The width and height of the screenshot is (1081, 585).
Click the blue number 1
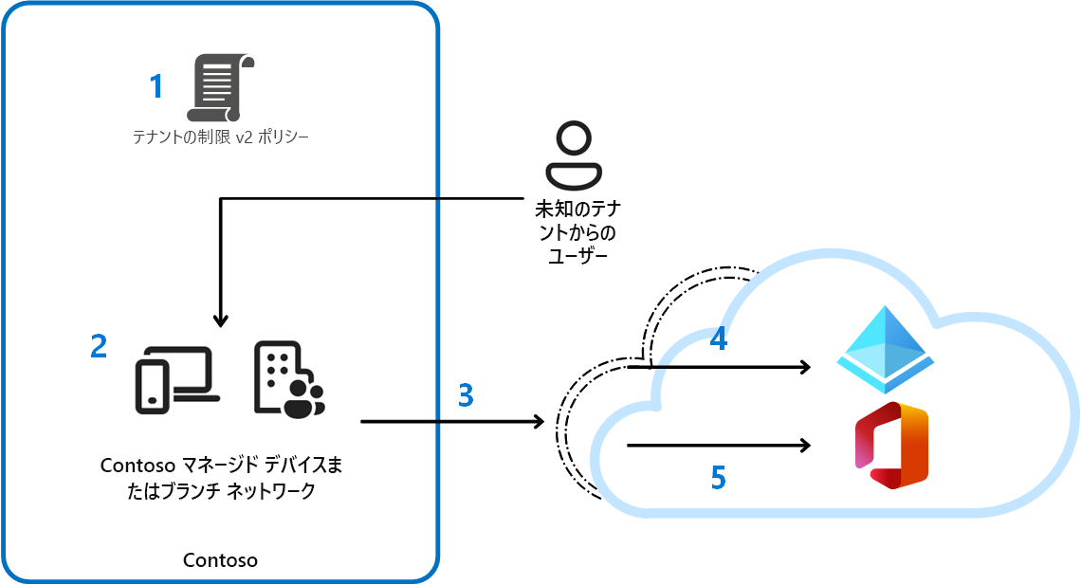[156, 87]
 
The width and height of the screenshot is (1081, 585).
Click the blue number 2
[99, 346]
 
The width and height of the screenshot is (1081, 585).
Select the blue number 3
[465, 394]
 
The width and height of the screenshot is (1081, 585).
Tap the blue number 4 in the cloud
[719, 338]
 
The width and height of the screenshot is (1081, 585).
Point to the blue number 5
[719, 478]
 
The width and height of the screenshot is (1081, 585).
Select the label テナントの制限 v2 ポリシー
[221, 137]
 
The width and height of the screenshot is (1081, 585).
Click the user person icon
[574, 155]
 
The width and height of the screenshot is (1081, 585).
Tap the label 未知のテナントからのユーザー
[574, 232]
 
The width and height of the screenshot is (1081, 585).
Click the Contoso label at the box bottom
[220, 560]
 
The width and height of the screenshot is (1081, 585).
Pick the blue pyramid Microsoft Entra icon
[885, 350]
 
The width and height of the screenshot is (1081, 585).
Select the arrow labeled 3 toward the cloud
[451, 420]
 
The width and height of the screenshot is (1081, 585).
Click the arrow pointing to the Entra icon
[730, 367]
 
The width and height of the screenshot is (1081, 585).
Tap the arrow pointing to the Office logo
[721, 445]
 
